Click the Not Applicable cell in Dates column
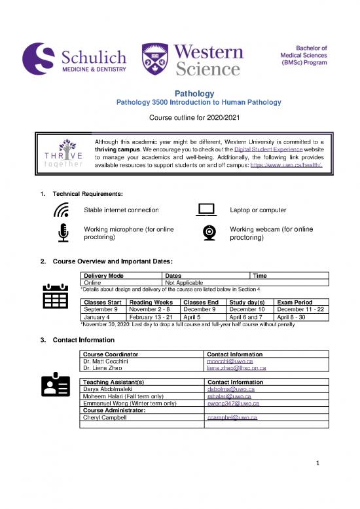click(185, 282)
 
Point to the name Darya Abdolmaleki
click(109, 389)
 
